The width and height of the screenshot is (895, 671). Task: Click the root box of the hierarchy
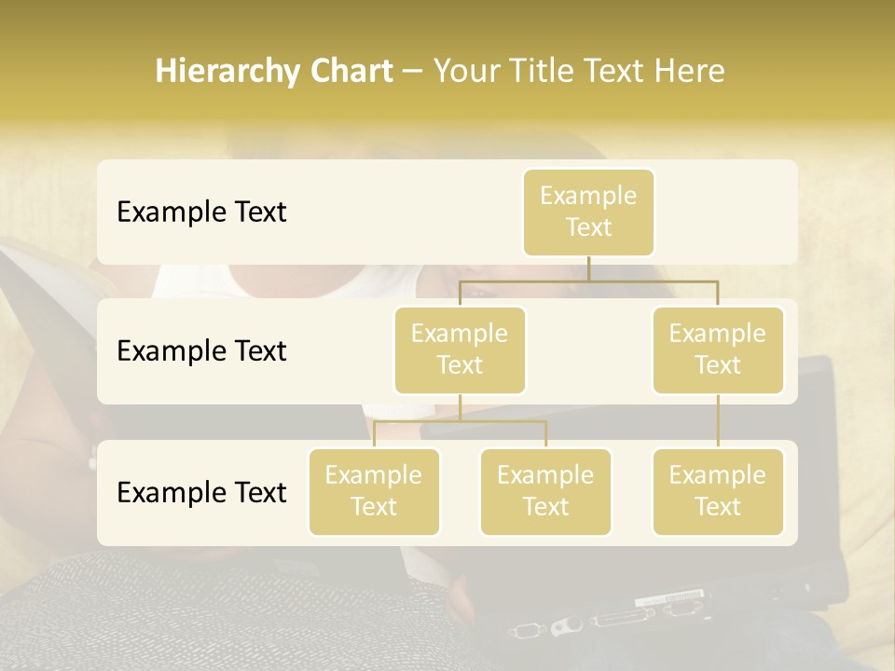coord(588,212)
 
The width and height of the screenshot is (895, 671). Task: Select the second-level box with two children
coord(460,350)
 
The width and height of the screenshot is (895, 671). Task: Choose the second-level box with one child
coord(718,350)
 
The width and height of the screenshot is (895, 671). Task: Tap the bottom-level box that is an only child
coord(718,492)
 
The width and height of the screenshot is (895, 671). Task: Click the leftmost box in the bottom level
coord(374,492)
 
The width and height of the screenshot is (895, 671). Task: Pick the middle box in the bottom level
coord(545,492)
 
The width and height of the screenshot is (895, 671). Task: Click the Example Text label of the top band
coord(201,212)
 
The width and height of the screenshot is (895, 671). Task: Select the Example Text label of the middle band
coord(201,351)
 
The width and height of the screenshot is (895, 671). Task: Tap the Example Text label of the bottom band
coord(201,492)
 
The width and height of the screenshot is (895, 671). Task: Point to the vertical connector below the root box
coord(588,268)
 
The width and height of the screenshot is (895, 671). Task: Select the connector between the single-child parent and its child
coord(718,421)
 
